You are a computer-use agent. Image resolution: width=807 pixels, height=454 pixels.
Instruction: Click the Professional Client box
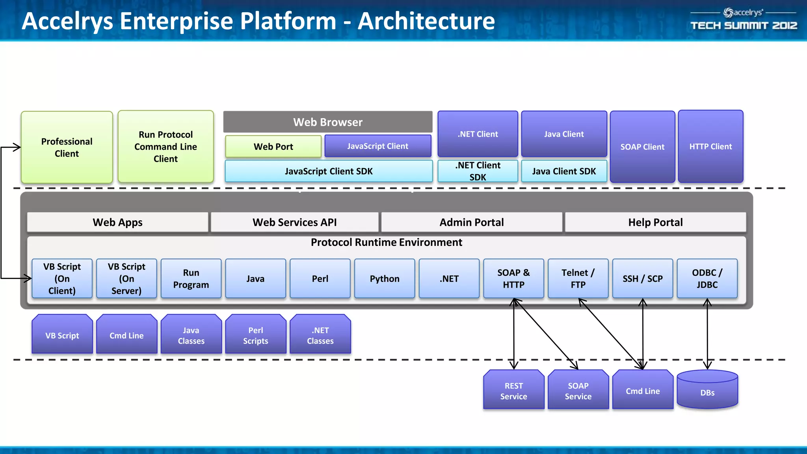(x=67, y=147)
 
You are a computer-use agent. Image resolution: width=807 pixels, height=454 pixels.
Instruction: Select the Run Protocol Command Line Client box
(x=165, y=147)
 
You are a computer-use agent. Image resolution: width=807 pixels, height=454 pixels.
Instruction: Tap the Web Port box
(x=273, y=147)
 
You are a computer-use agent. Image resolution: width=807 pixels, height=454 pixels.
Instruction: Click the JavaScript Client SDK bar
(x=328, y=171)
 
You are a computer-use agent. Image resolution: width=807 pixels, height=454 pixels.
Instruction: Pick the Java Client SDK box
(x=563, y=171)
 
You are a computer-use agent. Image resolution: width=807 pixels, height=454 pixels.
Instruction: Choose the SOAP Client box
(x=642, y=147)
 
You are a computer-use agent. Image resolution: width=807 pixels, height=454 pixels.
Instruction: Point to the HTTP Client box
(x=710, y=147)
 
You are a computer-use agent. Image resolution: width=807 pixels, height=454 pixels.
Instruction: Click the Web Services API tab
(x=294, y=222)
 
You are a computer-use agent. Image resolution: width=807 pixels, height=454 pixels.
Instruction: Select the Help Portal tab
(x=655, y=222)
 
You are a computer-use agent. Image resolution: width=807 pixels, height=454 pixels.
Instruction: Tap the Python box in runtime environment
(x=384, y=279)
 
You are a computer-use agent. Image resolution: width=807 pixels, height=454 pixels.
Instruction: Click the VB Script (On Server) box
(x=126, y=279)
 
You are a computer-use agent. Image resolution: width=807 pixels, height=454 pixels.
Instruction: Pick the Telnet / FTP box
(x=578, y=279)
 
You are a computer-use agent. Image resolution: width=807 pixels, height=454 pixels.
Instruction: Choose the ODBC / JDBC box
(x=707, y=279)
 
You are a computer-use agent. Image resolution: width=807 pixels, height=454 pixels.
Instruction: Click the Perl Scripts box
(x=255, y=335)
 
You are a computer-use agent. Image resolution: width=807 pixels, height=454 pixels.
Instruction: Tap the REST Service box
(x=513, y=391)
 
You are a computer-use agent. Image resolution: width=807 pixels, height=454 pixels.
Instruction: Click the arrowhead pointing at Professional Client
(x=17, y=147)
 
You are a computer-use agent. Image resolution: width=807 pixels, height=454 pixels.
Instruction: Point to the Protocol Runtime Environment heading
(x=386, y=242)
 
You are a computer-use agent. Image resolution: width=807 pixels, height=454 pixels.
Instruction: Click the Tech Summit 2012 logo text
(x=744, y=26)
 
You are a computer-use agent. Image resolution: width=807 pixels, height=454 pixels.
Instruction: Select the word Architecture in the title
(x=426, y=21)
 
